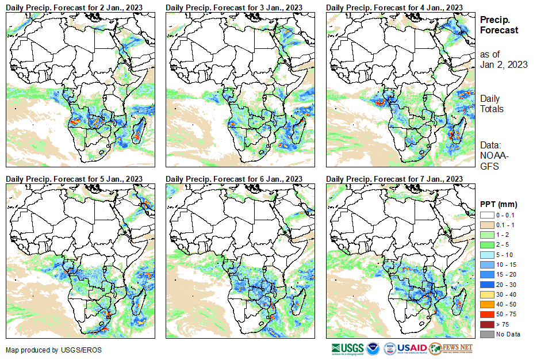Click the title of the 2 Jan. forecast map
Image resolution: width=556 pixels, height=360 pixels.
tap(74, 7)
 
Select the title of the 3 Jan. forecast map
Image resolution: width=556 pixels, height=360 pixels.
tap(234, 7)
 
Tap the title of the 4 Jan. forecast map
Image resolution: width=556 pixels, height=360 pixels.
tap(394, 7)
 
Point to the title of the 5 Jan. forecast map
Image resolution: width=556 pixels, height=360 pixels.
tap(74, 179)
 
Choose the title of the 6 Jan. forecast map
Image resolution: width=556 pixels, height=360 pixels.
tap(234, 179)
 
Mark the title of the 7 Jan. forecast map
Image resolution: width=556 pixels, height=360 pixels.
tap(394, 179)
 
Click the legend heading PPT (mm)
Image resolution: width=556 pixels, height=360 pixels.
tap(499, 204)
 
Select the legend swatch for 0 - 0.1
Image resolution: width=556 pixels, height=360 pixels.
tap(486, 215)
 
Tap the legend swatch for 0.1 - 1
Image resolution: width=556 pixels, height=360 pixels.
tap(486, 224)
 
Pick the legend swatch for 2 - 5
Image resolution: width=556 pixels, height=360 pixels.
tap(486, 244)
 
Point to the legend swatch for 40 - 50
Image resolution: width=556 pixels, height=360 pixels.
tap(486, 304)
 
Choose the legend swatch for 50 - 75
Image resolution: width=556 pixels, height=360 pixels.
tap(486, 314)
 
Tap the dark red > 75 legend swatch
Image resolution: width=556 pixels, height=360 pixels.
tap(486, 324)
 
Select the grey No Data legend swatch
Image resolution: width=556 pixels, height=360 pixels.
tap(486, 334)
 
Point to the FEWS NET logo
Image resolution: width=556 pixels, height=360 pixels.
tap(451, 348)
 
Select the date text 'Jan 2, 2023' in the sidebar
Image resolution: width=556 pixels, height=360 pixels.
tap(504, 64)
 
